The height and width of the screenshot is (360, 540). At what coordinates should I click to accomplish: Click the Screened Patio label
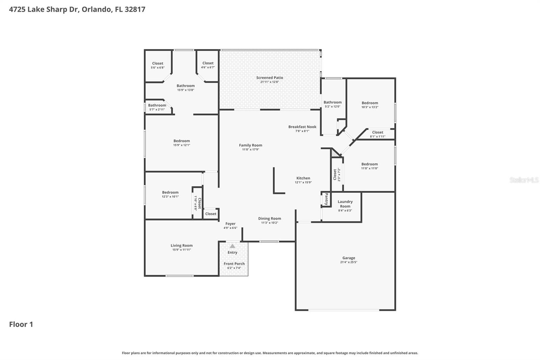[270, 78]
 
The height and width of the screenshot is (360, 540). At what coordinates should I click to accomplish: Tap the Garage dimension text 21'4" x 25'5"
[349, 262]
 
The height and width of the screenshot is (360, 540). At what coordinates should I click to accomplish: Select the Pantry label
[326, 199]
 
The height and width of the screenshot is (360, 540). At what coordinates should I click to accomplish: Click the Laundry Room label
[345, 204]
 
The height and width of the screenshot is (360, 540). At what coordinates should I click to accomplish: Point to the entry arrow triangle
[233, 246]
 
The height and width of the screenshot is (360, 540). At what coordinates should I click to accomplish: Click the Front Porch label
[234, 264]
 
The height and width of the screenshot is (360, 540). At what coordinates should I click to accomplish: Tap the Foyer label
[230, 224]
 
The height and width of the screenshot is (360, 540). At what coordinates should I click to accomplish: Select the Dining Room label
[270, 218]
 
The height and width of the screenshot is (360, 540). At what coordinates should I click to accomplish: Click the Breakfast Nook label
[302, 127]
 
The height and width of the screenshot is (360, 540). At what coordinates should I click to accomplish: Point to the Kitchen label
[303, 178]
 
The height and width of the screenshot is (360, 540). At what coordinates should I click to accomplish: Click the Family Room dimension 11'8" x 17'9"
[250, 149]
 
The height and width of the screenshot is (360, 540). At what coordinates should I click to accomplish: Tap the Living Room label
[182, 246]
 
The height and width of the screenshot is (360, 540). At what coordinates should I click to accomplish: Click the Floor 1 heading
[21, 324]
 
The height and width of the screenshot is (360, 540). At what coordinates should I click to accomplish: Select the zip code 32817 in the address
[135, 9]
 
